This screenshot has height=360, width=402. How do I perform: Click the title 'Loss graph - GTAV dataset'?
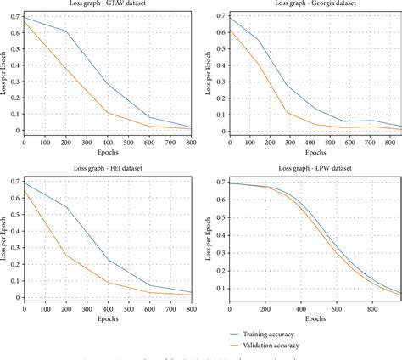[x=108, y=4]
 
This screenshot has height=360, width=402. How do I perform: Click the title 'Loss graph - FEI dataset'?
[x=108, y=169]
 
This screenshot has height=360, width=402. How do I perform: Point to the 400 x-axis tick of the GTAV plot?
[x=108, y=143]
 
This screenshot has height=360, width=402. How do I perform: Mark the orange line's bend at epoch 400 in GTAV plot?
[x=108, y=113]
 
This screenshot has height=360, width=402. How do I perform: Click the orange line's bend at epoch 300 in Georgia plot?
[x=288, y=113]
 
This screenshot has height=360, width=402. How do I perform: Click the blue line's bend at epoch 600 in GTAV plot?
[x=149, y=118]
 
